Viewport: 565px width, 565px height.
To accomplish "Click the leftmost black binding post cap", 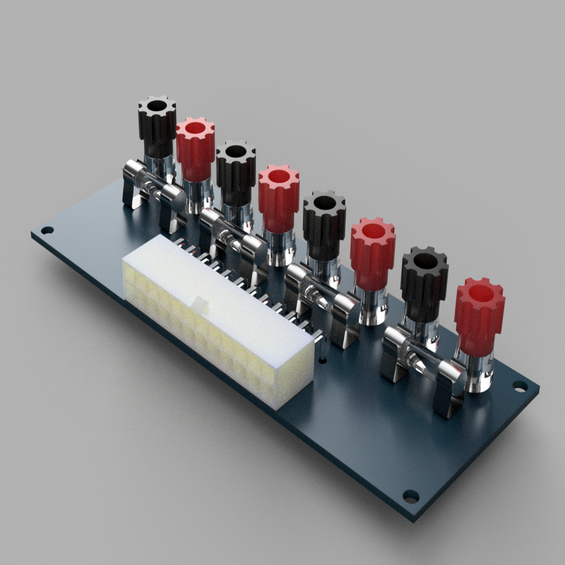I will pyautogui.click(x=157, y=127).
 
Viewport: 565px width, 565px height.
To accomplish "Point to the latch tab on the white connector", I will pyautogui.click(x=200, y=303).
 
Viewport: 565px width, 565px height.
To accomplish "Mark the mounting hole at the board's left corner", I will pyautogui.click(x=47, y=230).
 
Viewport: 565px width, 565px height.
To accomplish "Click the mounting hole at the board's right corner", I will pyautogui.click(x=520, y=386).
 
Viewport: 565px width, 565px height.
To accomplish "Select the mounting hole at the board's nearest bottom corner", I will pyautogui.click(x=411, y=496).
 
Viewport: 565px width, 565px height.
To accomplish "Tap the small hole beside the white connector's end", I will pyautogui.click(x=322, y=360).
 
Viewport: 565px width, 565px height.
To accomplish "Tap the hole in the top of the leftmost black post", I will pyautogui.click(x=157, y=105).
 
